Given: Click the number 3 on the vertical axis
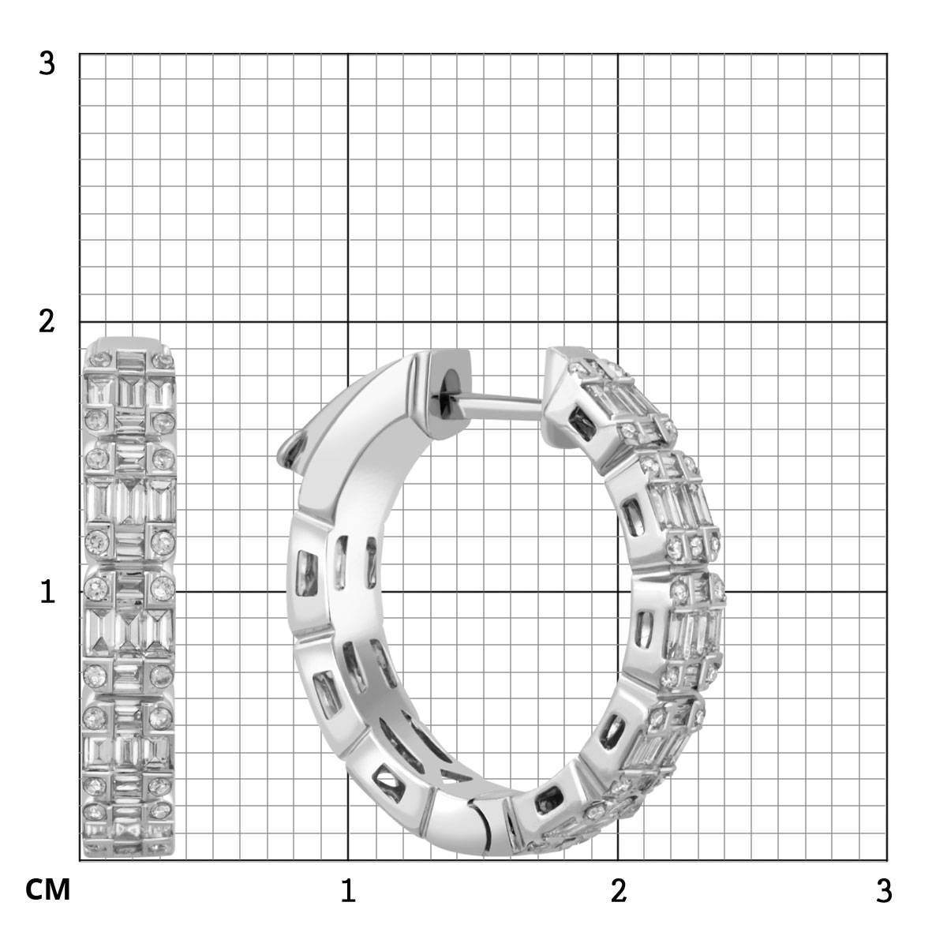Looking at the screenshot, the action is tap(47, 64).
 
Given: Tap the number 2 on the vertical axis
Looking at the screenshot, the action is tap(47, 322).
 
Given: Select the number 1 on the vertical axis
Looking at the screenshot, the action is tap(47, 592).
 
